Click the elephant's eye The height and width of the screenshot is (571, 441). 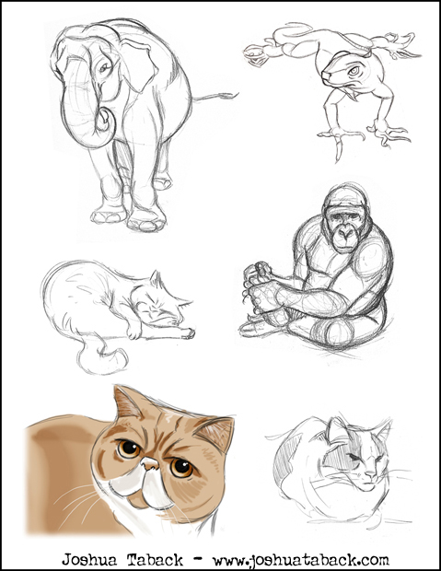pos(104,67)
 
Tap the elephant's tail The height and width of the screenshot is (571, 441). pos(215,97)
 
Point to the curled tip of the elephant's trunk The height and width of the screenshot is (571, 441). pos(105,121)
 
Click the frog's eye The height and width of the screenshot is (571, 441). pos(354,71)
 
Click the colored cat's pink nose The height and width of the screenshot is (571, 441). pos(150,463)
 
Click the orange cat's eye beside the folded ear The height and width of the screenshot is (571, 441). pos(181,468)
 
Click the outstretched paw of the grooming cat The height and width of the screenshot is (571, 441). pos(187,332)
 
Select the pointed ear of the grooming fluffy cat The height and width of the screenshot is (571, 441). pos(157,279)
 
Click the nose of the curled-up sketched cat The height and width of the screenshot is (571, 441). pos(371,473)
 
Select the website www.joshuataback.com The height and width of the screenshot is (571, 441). pos(300,560)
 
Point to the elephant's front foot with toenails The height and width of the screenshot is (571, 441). pos(146,220)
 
